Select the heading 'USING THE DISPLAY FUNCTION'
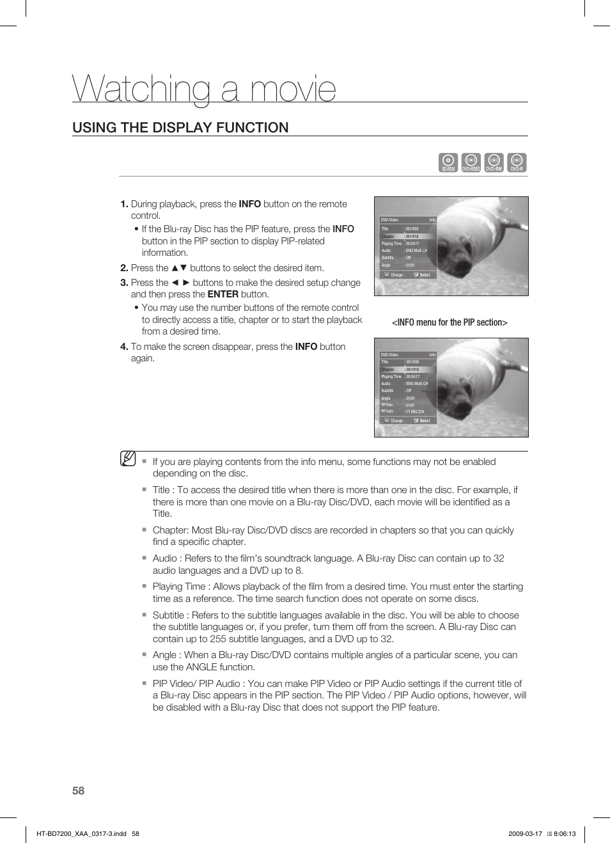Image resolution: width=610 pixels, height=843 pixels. tap(180, 127)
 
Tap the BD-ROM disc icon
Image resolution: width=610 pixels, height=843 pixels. tap(448, 162)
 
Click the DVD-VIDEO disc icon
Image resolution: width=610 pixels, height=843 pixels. tap(471, 162)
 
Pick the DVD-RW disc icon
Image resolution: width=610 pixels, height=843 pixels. tap(494, 162)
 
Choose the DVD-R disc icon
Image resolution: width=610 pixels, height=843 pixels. tap(517, 162)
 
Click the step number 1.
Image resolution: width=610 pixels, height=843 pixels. tap(124, 204)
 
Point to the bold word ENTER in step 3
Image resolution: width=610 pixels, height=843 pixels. tap(223, 294)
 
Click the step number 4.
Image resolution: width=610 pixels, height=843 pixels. tap(124, 347)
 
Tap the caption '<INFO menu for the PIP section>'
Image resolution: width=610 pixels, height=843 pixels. tap(450, 322)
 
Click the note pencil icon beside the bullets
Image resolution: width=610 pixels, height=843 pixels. tap(128, 459)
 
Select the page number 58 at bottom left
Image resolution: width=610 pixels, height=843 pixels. tap(78, 791)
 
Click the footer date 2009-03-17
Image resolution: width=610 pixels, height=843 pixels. tap(525, 833)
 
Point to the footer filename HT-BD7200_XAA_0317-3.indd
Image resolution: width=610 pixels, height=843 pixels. tap(81, 833)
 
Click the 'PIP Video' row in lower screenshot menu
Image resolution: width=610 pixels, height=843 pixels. tap(387, 405)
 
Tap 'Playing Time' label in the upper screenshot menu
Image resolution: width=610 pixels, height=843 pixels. tap(391, 244)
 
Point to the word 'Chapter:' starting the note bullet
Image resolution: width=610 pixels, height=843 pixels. tap(171, 530)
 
